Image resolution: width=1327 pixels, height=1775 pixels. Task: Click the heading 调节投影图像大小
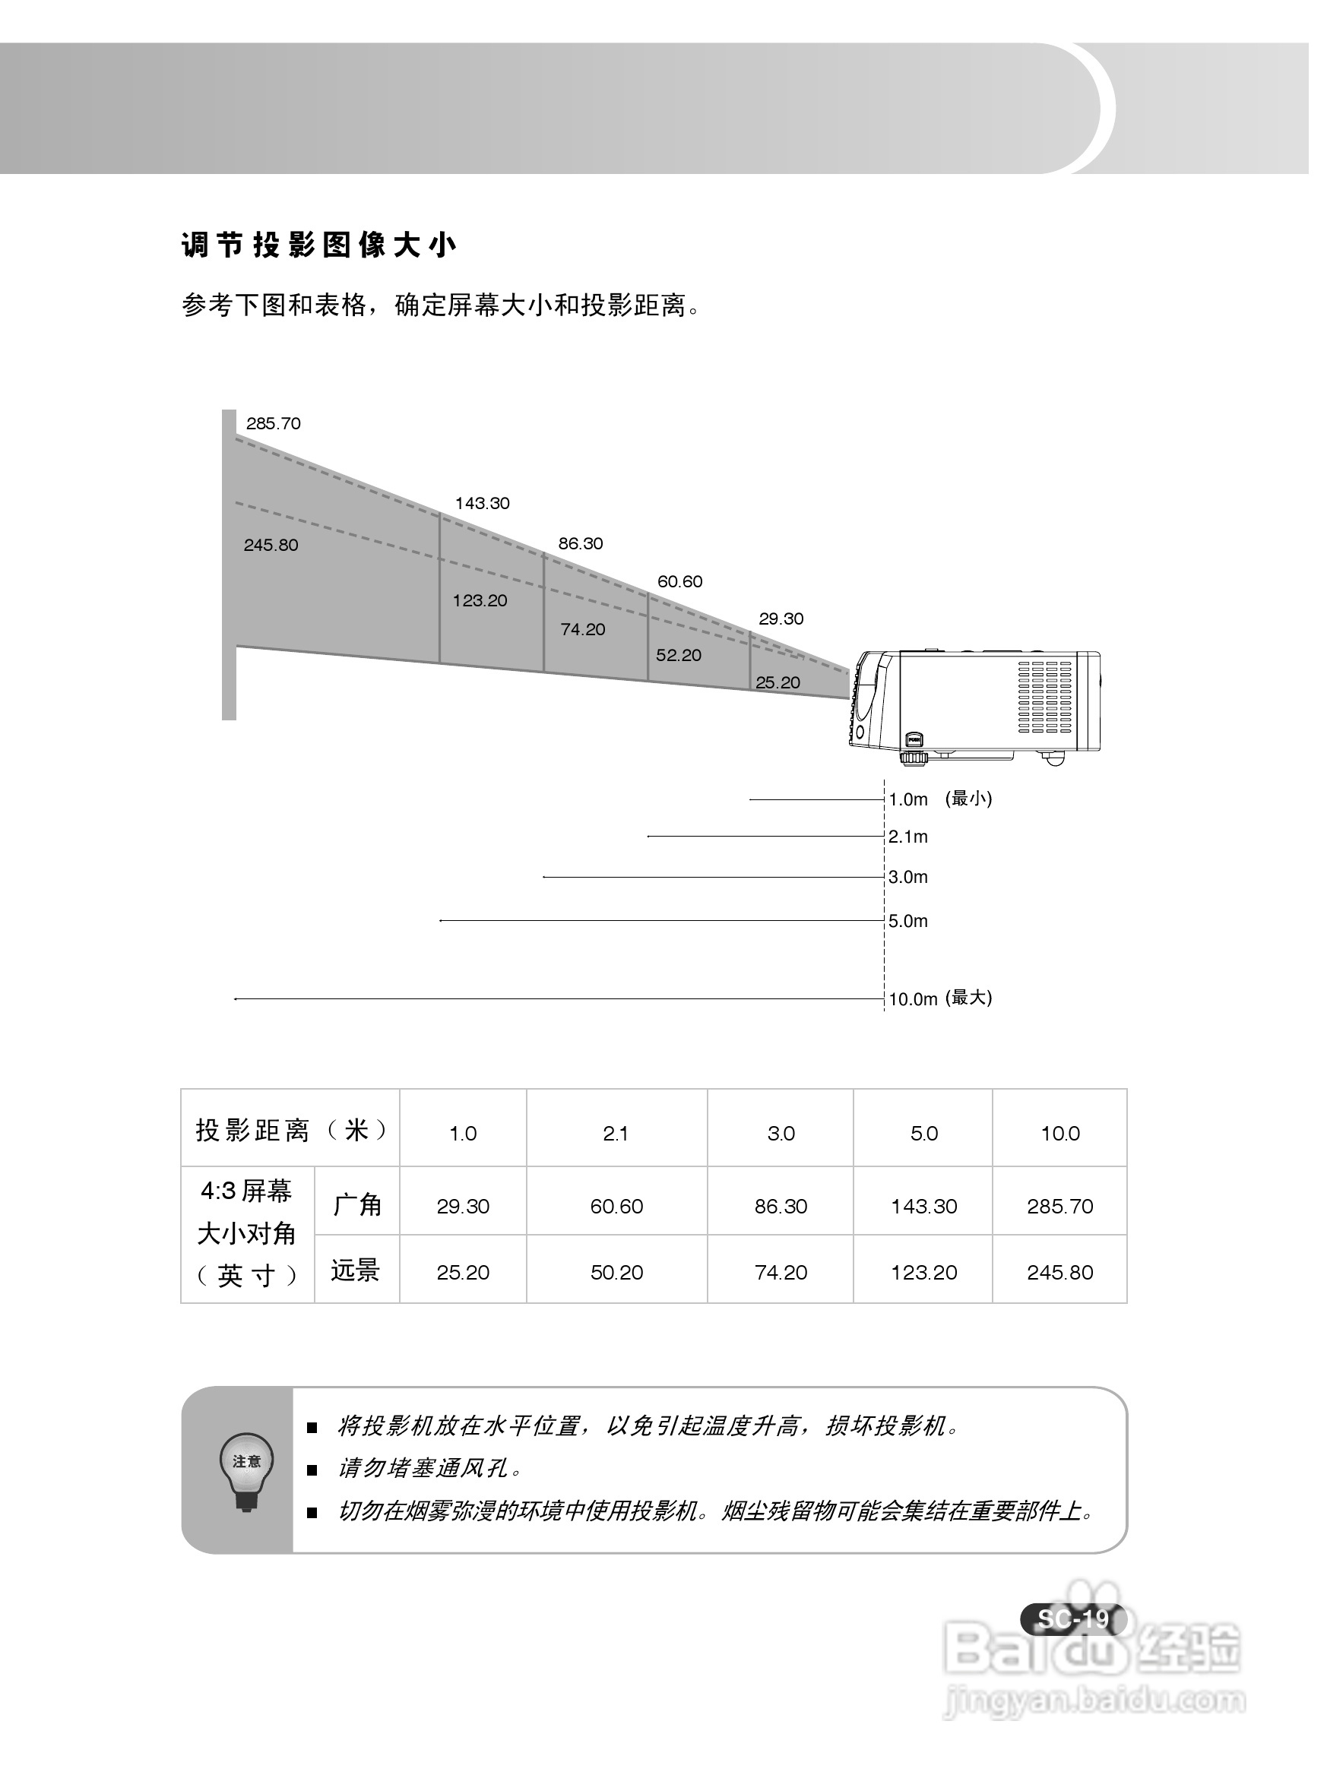pyautogui.click(x=318, y=245)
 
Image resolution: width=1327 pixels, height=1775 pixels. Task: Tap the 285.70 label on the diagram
pyautogui.click(x=273, y=424)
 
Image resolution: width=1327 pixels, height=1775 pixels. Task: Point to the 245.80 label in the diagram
pyautogui.click(x=271, y=546)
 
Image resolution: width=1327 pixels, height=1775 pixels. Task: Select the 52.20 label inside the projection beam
pyautogui.click(x=679, y=656)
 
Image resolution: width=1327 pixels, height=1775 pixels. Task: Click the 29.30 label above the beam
pyautogui.click(x=781, y=619)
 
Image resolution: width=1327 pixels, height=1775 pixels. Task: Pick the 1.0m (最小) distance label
pyautogui.click(x=939, y=799)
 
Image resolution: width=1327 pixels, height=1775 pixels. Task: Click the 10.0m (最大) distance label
pyautogui.click(x=939, y=999)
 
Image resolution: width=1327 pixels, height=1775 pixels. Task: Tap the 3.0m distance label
pyautogui.click(x=908, y=877)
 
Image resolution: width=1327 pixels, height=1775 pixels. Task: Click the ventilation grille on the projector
pyautogui.click(x=1044, y=697)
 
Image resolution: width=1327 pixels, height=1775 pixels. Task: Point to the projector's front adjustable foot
pyautogui.click(x=912, y=757)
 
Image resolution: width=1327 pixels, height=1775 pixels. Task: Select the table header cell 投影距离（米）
pyautogui.click(x=290, y=1131)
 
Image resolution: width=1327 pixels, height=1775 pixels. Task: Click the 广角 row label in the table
pyautogui.click(x=357, y=1204)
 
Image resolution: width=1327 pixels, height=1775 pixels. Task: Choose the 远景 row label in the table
pyautogui.click(x=356, y=1270)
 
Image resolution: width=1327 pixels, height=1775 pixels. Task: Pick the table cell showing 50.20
pyautogui.click(x=616, y=1273)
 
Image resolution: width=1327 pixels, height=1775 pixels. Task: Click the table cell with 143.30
pyautogui.click(x=923, y=1207)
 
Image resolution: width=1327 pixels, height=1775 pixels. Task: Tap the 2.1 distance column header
pyautogui.click(x=616, y=1134)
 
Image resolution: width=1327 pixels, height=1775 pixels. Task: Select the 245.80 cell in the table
pyautogui.click(x=1059, y=1273)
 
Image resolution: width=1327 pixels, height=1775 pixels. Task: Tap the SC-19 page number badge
pyautogui.click(x=1072, y=1618)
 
